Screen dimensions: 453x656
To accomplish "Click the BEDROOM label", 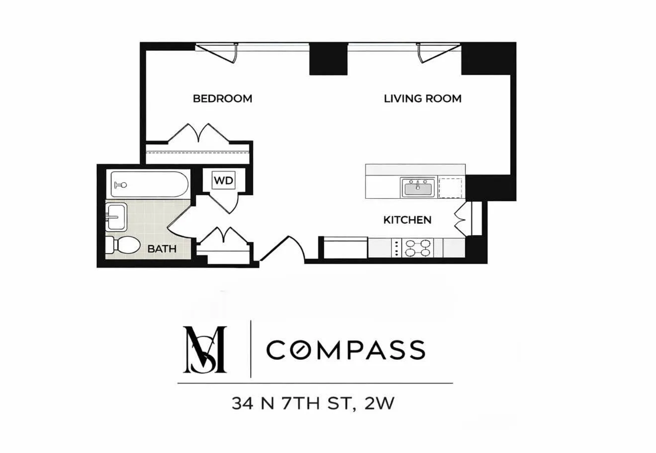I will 222,99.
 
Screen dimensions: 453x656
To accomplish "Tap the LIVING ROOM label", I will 422,99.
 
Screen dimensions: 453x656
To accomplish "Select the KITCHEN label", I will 407,220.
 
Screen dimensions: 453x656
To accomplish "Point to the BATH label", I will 162,249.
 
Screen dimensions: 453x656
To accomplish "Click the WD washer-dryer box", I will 224,180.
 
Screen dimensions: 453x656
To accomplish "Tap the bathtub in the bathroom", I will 149,184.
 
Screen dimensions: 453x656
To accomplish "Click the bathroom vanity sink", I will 116,217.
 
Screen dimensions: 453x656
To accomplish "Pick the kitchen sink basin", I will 418,188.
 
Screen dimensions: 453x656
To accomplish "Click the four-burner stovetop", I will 417,248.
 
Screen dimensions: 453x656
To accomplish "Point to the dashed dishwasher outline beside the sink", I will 450,188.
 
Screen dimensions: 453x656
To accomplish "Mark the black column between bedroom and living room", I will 328,59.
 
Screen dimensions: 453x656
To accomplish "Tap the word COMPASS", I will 345,350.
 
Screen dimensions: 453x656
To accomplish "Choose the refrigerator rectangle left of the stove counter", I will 345,248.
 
